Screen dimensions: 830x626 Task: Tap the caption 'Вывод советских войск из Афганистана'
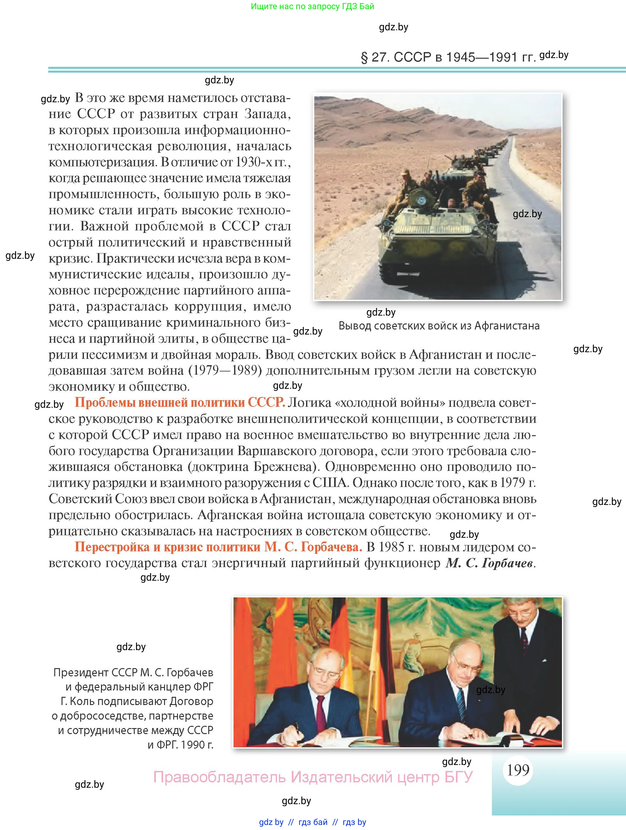point(439,326)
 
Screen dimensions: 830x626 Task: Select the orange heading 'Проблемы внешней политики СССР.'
point(180,403)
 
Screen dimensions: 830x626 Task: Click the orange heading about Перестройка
point(218,547)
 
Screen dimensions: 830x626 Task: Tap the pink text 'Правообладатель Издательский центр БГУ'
point(313,777)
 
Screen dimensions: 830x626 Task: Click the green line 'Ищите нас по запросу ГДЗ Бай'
point(312,6)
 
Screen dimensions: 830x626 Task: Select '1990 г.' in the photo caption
point(197,745)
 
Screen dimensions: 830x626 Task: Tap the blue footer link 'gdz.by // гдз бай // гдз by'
point(312,822)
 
